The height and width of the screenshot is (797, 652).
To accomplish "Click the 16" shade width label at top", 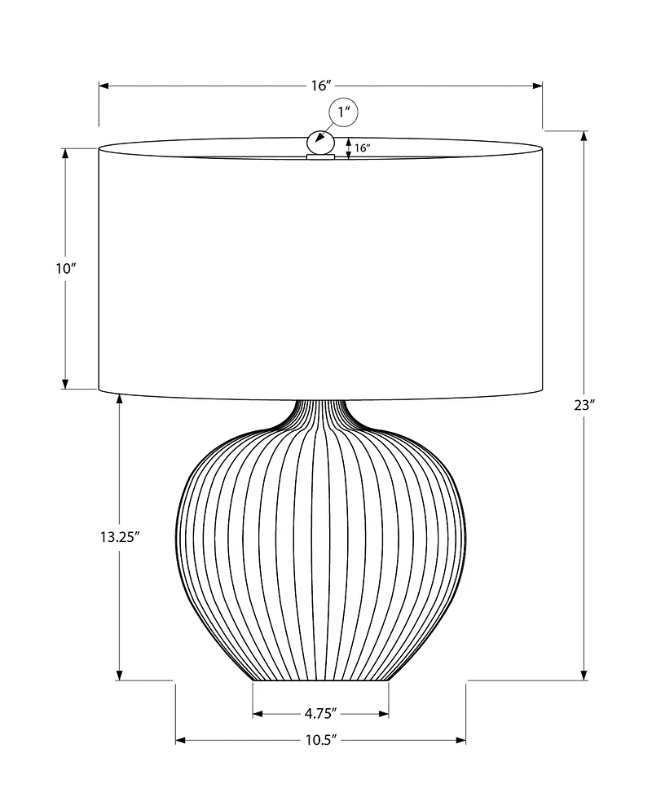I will (x=321, y=85).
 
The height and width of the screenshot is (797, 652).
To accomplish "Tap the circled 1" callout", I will (x=343, y=114).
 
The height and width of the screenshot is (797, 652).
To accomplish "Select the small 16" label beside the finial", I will (x=363, y=148).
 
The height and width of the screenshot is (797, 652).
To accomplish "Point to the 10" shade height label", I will (x=66, y=268).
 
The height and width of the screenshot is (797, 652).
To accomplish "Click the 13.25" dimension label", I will (x=121, y=536).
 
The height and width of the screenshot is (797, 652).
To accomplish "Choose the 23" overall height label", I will (x=585, y=405).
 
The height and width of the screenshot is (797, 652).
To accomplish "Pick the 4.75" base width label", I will (x=320, y=714).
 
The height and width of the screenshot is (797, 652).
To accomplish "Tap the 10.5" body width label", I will (x=320, y=740).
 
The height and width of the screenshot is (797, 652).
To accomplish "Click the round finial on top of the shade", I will (x=319, y=143).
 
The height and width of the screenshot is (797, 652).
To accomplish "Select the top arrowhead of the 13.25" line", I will (x=120, y=398).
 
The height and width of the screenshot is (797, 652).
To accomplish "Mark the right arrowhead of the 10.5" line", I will (x=460, y=740).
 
